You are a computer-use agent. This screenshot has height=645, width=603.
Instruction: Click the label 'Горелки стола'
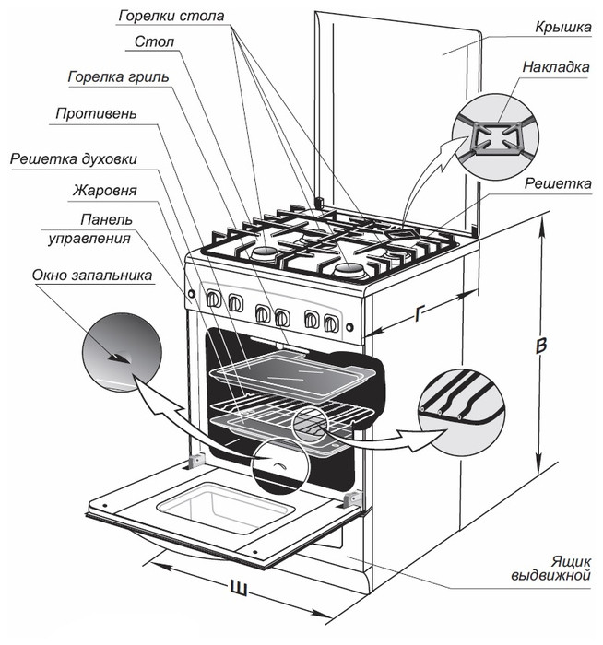tap(171, 16)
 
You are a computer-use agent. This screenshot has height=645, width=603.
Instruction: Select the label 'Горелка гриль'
tap(118, 76)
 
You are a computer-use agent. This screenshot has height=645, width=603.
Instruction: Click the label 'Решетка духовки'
tap(74, 158)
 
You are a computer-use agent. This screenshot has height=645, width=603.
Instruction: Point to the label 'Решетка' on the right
tap(558, 184)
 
